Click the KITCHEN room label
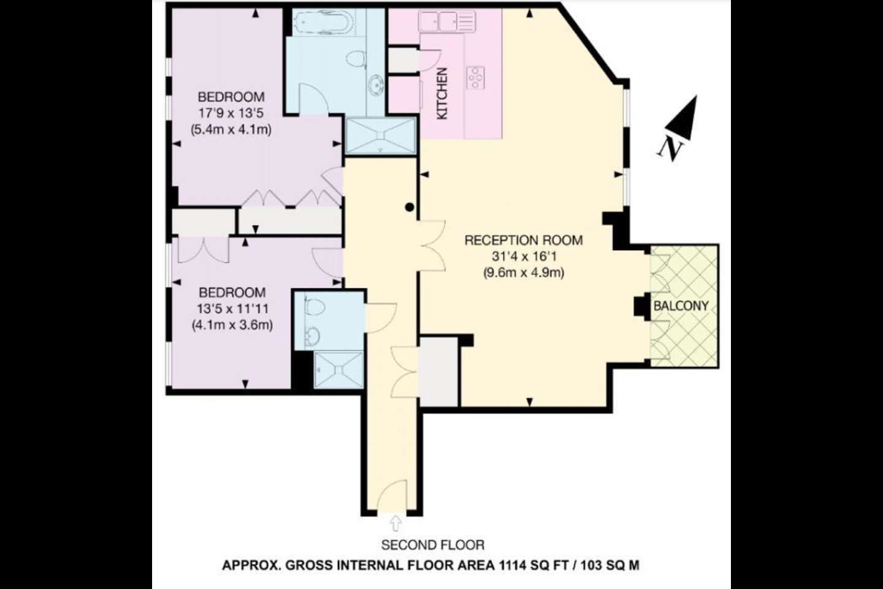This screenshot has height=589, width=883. coord(443,93)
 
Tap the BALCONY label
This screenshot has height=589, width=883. coord(681,306)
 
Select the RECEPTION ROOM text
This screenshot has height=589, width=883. coord(524,241)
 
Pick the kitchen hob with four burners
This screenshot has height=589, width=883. coord(475,78)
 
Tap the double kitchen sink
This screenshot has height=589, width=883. coord(447,21)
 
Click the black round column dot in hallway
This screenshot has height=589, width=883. coord(410,207)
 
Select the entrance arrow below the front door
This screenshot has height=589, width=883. coord(396,523)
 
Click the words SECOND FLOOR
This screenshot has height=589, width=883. coord(432,545)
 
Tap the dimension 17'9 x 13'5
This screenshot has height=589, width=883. coord(231,114)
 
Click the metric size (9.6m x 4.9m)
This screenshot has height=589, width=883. coord(524,272)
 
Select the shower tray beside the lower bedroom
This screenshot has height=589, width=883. coord(338,370)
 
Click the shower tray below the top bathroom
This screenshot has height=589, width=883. coord(380,136)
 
